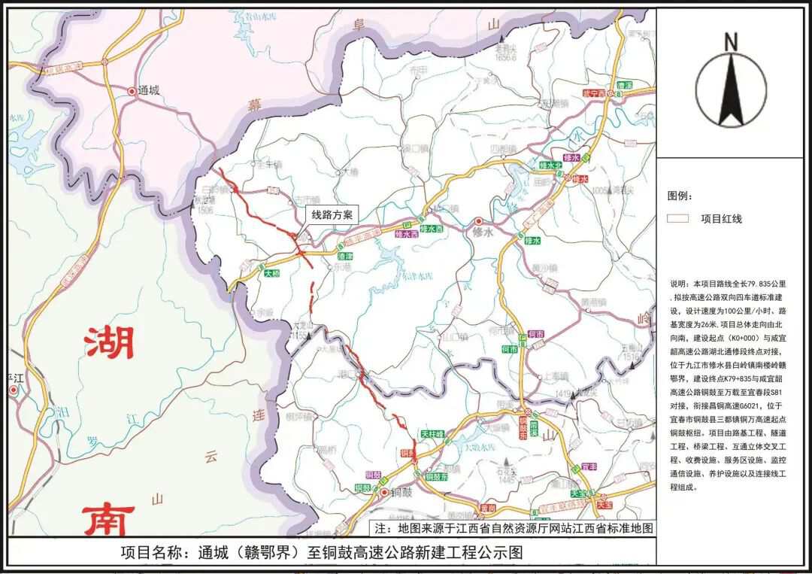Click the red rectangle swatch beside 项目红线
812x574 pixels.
tap(679, 219)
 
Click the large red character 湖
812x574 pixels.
tap(109, 342)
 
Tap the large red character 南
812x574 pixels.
tap(108, 519)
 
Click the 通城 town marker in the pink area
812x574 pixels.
tap(133, 91)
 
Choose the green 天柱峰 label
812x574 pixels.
tap(432, 435)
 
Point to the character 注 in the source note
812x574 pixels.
tap(380, 528)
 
